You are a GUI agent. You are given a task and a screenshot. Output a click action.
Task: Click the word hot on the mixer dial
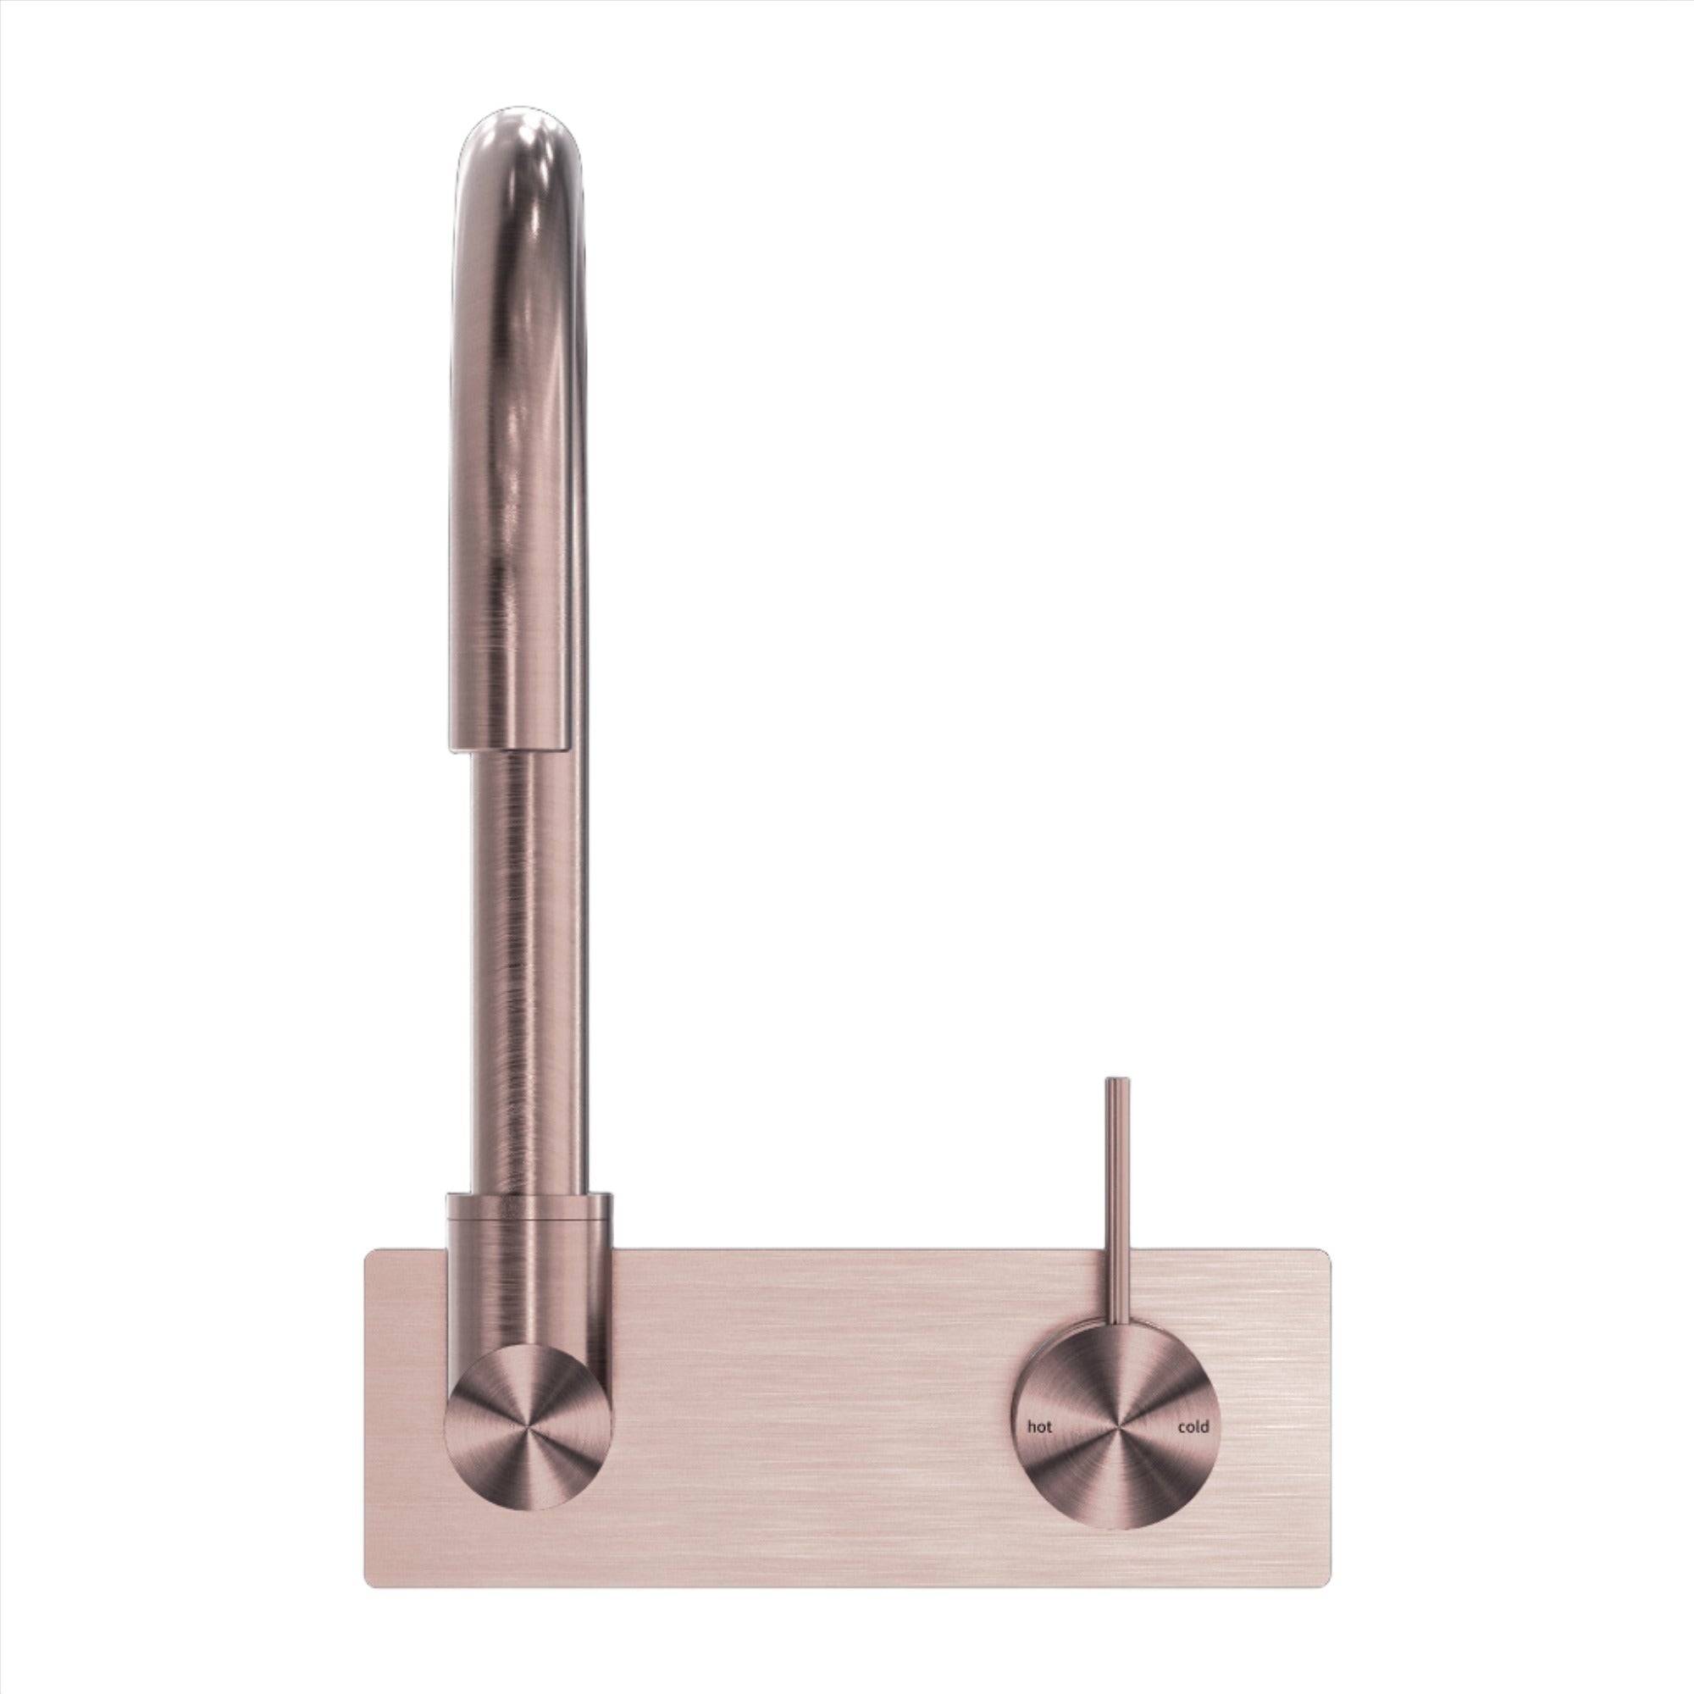pos(1039,1426)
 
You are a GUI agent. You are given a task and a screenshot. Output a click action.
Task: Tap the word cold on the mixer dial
pos(1193,1426)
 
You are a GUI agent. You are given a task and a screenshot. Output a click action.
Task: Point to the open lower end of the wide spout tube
pos(506,747)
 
